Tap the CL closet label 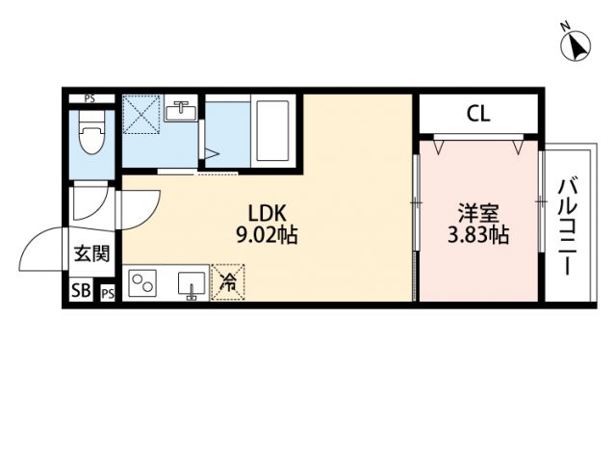(x=478, y=113)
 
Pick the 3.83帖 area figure (x=478, y=234)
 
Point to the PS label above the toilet (x=90, y=98)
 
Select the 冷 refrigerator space (x=229, y=283)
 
